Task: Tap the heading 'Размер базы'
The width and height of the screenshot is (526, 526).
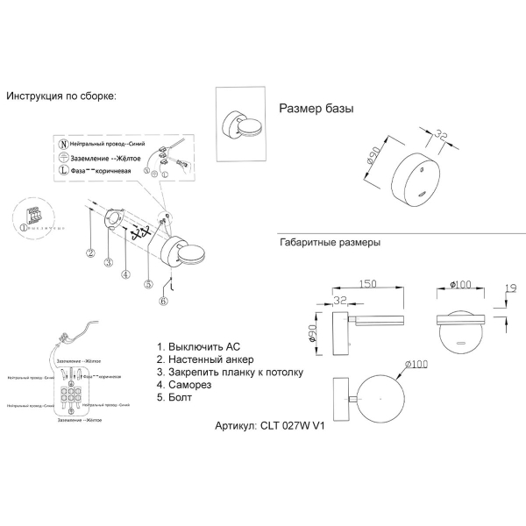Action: pyautogui.click(x=316, y=109)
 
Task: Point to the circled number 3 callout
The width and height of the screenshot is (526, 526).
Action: pyautogui.click(x=107, y=262)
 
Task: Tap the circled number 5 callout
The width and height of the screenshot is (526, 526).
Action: pyautogui.click(x=148, y=283)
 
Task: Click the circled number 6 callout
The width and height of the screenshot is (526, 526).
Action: pyautogui.click(x=163, y=301)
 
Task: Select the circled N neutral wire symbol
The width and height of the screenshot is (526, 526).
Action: pyautogui.click(x=62, y=142)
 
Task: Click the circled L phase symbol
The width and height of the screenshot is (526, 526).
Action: pyautogui.click(x=62, y=170)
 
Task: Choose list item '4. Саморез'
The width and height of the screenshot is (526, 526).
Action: pyautogui.click(x=187, y=385)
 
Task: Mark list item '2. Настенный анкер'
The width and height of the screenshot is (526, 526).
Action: pyautogui.click(x=205, y=359)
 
